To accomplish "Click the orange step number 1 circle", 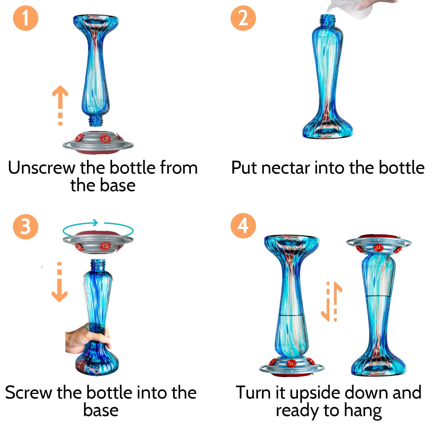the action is click(x=26, y=18).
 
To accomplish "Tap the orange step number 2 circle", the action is click(x=243, y=18).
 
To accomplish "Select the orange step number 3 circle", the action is click(x=26, y=227).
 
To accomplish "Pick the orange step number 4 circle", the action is click(x=243, y=226).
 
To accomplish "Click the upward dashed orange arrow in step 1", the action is click(x=60, y=106).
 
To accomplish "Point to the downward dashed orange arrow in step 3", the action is click(x=59, y=282).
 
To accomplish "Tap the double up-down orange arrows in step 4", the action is click(x=332, y=301).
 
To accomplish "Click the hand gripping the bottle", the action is click(x=88, y=339).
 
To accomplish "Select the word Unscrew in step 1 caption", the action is click(x=42, y=168).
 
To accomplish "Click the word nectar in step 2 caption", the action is click(x=286, y=168).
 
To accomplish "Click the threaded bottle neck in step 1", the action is click(x=96, y=121).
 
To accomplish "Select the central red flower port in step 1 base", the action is click(x=105, y=139).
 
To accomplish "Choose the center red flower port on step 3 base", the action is click(x=104, y=246).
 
